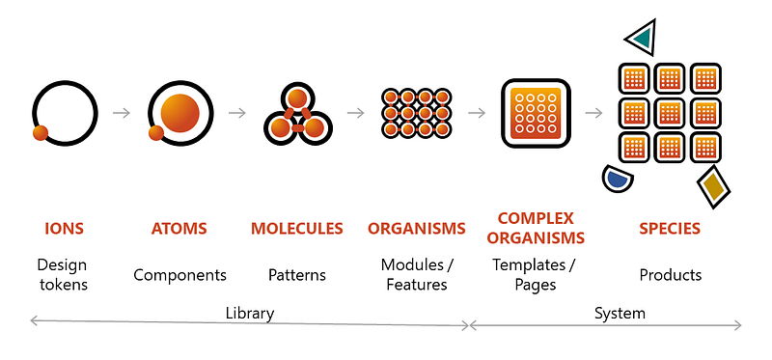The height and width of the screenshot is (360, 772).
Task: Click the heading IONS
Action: (64, 229)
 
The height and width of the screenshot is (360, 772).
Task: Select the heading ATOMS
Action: (179, 229)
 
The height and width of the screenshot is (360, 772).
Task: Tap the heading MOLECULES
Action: (296, 229)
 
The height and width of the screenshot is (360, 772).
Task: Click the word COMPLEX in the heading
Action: (535, 218)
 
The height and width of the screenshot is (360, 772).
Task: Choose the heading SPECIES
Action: (670, 229)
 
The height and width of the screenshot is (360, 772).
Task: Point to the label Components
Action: (179, 275)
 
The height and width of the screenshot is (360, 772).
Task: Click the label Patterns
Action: (296, 275)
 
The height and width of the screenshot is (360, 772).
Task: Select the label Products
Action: (670, 275)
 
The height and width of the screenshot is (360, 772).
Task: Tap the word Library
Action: (249, 313)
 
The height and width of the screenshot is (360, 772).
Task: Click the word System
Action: (620, 313)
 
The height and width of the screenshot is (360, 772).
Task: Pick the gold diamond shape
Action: (713, 185)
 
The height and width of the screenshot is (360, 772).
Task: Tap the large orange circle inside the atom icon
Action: (179, 113)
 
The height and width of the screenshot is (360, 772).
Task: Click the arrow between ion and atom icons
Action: (121, 113)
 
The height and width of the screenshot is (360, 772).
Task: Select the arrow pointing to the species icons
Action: (593, 113)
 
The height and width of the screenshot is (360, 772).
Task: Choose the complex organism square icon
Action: (535, 113)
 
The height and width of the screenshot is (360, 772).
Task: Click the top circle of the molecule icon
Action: (298, 98)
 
